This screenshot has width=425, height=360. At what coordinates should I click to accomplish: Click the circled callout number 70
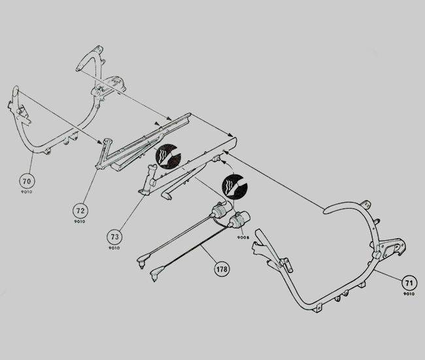27,181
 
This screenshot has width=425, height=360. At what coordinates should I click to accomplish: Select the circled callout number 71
409,283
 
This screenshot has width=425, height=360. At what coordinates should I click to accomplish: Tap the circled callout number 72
80,211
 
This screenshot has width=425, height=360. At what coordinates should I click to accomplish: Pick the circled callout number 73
114,237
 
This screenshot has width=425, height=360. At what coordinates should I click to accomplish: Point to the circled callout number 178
222,269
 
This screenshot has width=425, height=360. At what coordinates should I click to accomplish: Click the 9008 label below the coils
243,238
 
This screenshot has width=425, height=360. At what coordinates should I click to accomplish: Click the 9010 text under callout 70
27,192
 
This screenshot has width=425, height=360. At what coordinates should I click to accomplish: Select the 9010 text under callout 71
409,294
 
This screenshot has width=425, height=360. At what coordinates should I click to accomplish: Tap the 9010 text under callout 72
80,221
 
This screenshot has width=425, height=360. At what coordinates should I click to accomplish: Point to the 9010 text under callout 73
114,247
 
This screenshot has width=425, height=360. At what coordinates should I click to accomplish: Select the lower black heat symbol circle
235,187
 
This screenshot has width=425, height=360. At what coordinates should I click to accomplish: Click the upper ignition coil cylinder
222,209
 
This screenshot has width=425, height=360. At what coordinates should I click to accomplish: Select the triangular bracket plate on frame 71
392,249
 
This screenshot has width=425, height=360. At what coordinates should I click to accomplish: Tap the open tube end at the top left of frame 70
16,89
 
